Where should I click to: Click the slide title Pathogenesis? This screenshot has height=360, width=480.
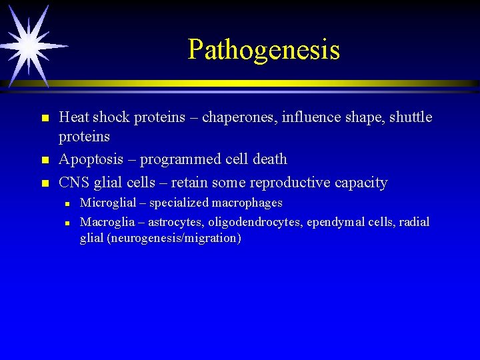click(263, 49)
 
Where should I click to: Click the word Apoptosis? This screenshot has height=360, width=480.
click(90, 159)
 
